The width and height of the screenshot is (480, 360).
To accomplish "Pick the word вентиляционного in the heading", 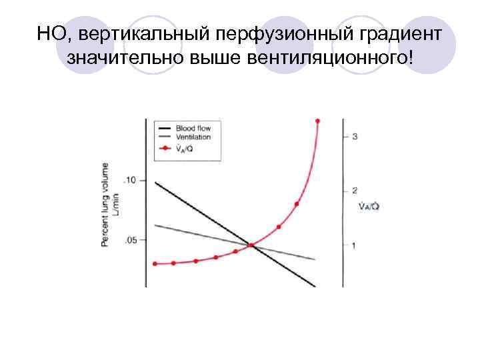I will click(329, 60).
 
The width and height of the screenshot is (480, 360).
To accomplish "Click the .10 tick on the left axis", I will click(129, 181).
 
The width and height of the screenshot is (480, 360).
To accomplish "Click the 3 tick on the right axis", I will click(355, 137).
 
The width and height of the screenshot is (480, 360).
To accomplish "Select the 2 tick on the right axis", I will click(354, 191).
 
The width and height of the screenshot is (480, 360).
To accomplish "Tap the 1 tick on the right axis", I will click(354, 246).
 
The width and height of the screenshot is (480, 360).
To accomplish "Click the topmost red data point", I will click(317, 121).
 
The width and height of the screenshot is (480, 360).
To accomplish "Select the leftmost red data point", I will click(155, 263).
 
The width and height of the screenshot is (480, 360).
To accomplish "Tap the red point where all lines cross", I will click(251, 245).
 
